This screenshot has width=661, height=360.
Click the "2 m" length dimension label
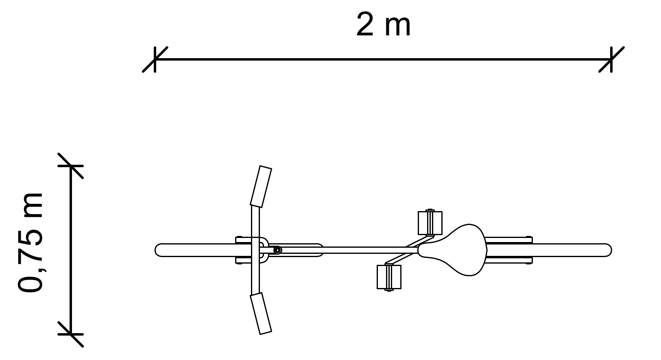[x=383, y=25]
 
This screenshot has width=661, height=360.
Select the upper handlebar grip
[x=261, y=186]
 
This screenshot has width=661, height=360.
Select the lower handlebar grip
[x=261, y=314]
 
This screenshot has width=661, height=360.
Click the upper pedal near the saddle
[x=430, y=223]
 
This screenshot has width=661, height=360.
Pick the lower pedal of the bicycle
[x=389, y=277]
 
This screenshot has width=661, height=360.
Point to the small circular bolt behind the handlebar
[x=277, y=250]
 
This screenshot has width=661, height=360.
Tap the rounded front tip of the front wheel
[x=155, y=250]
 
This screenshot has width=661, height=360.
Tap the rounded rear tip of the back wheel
[x=611, y=250]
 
